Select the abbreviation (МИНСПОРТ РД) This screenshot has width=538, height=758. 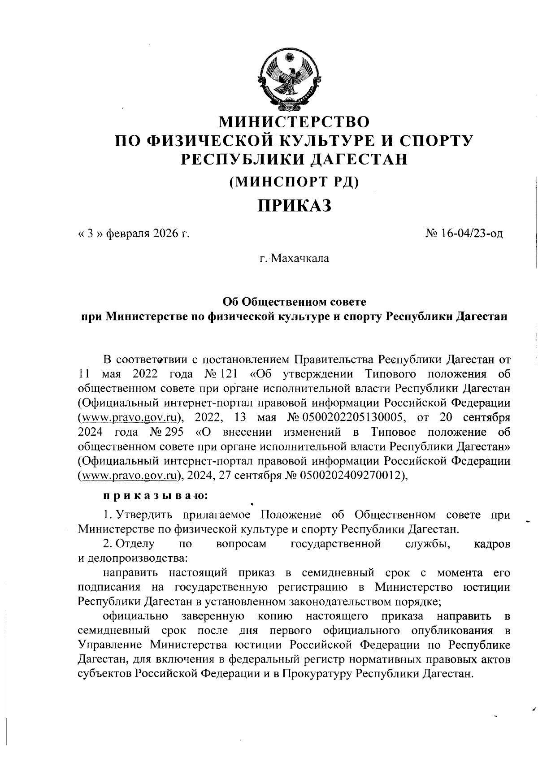(x=294, y=182)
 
